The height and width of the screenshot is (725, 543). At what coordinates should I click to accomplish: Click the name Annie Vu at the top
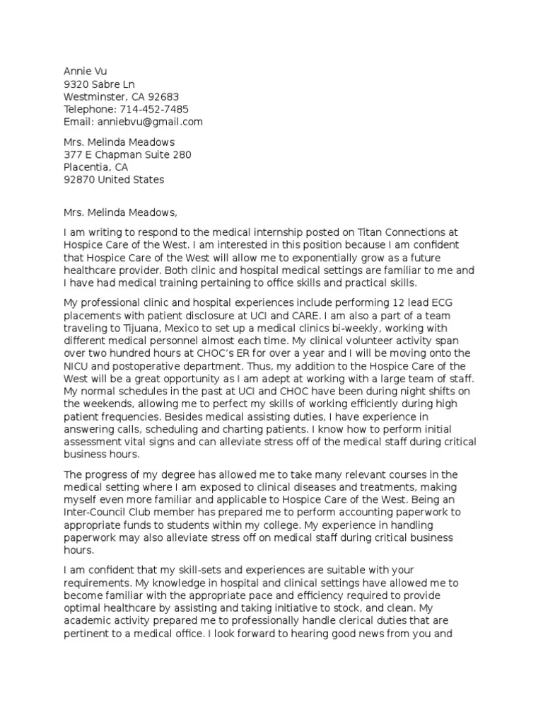coord(85,72)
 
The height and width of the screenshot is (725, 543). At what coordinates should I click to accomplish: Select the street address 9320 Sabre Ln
coord(99,84)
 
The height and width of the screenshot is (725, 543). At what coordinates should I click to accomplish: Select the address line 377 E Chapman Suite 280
coord(127,154)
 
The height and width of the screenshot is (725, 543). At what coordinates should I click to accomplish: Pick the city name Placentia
coord(88,167)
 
